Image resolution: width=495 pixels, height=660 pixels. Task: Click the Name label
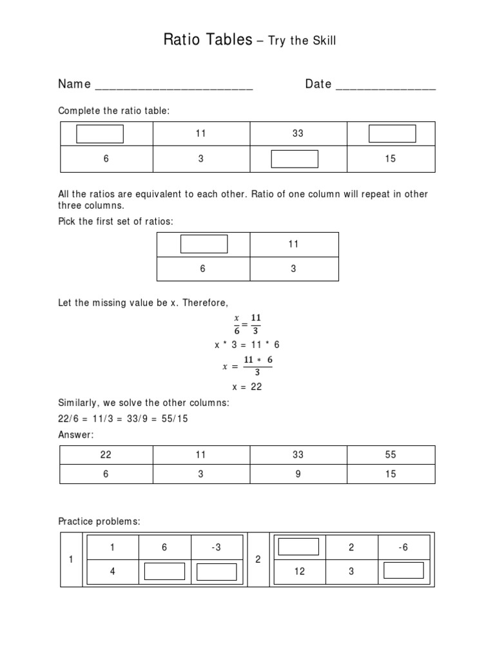(74, 84)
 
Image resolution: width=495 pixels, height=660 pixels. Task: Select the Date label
(318, 84)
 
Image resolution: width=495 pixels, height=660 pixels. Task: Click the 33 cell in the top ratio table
(297, 133)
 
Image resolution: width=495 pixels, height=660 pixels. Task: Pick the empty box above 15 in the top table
(392, 133)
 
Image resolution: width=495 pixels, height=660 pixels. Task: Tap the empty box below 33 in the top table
(295, 159)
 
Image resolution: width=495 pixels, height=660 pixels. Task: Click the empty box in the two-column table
(204, 244)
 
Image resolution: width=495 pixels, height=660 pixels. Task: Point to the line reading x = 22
(247, 387)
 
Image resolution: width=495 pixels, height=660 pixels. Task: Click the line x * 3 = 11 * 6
(247, 345)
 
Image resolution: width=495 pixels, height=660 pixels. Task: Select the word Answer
(76, 435)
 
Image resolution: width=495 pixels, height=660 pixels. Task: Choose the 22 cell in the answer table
(106, 454)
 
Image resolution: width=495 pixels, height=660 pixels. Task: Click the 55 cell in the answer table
(391, 454)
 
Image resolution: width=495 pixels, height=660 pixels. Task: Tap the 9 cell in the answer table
(297, 474)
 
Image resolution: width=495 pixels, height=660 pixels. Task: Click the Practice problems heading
(99, 520)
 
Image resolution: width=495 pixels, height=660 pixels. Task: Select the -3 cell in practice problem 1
(217, 548)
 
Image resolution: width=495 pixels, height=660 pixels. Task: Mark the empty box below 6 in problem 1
(164, 571)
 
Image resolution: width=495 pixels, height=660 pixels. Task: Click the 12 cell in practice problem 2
(300, 571)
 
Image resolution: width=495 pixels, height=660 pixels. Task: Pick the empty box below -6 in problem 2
(403, 570)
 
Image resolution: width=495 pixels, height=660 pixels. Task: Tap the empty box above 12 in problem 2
(298, 547)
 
